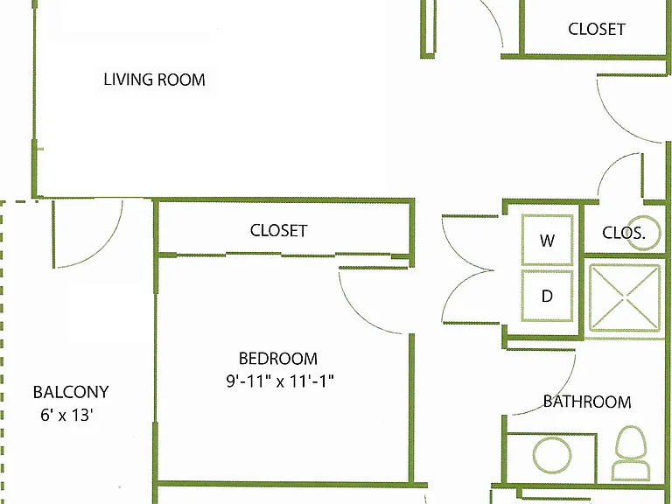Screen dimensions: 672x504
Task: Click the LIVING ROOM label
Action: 154,80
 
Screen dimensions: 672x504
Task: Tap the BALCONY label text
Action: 71,392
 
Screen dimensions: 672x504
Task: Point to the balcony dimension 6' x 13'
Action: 66,415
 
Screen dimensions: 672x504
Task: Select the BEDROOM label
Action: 278,358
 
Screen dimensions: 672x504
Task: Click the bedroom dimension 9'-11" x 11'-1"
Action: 280,381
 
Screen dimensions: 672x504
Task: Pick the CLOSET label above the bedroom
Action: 278,231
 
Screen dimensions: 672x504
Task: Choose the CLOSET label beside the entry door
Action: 597,29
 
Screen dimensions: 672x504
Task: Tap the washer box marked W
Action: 547,240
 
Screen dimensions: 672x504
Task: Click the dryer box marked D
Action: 547,296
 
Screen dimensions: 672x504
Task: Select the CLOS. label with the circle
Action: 623,233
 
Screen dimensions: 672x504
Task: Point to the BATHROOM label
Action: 587,402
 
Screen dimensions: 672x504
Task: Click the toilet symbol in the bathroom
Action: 631,453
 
